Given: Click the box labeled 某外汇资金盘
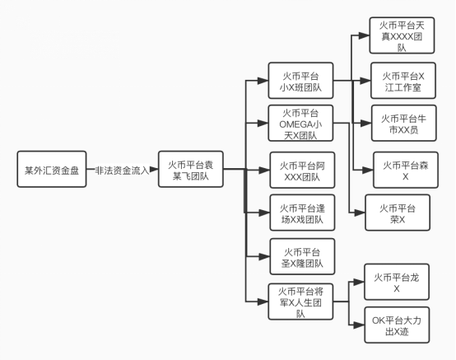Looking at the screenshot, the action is tap(52, 169).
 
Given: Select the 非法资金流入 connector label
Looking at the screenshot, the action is tap(122, 171).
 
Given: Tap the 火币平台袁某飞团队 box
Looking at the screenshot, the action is tap(191, 169).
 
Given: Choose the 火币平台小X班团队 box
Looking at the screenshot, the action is tap(300, 81).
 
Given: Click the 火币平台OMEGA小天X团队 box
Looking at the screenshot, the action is tap(300, 124).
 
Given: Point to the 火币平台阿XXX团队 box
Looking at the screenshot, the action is tap(302, 170).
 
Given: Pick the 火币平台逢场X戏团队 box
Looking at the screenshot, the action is tap(302, 213).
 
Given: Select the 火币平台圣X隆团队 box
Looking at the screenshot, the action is tap(302, 256).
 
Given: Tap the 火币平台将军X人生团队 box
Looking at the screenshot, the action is tap(300, 302).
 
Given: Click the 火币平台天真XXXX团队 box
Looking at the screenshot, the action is tap(402, 35).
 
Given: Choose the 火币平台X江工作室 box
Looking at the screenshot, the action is tap(403, 81).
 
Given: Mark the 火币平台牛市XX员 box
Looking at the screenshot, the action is tap(404, 124).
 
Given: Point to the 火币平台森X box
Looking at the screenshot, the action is tap(406, 170).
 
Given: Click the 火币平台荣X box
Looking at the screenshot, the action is tap(398, 213).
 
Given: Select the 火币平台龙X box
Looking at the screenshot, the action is tap(397, 282).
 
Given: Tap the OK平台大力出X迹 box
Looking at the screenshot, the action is tap(397, 325).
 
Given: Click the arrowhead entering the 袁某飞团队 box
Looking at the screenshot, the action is tap(154, 169).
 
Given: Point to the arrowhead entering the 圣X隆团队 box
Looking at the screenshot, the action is tap(264, 256).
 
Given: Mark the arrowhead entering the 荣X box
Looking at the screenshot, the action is tap(360, 213).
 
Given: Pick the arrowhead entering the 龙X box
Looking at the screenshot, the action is tap(359, 282).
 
